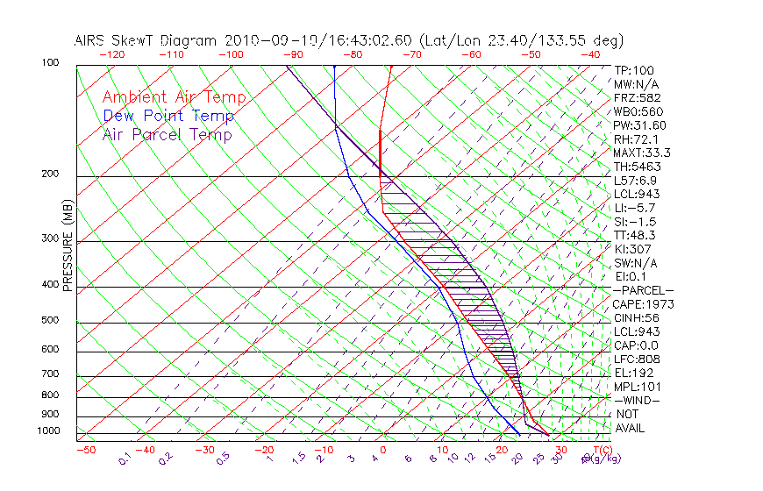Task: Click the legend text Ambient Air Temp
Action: [x=174, y=97]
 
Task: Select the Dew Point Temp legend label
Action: [x=168, y=116]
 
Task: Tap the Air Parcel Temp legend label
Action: [x=167, y=134]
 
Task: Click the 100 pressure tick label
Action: [x=51, y=63]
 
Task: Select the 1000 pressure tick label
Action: [x=48, y=431]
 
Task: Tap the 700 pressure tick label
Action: [x=51, y=375]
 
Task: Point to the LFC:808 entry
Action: [x=636, y=359]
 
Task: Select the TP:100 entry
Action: [x=633, y=70]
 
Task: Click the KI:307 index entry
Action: [x=633, y=249]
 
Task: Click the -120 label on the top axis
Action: [x=111, y=54]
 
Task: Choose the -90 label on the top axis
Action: [x=293, y=54]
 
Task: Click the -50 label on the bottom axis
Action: [x=85, y=450]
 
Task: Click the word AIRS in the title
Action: [x=92, y=40]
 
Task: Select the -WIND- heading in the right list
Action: [x=638, y=400]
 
